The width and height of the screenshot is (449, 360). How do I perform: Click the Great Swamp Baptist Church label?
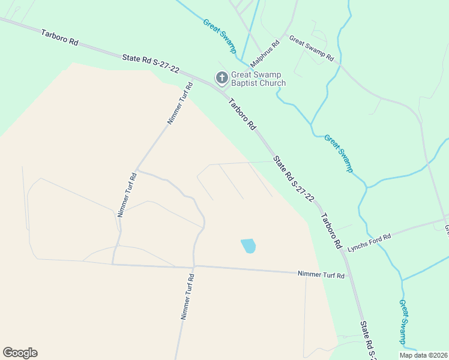tap(258, 79)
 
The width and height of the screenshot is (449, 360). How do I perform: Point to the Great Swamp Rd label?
tap(311, 49)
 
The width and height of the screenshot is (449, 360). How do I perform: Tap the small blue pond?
tap(249, 245)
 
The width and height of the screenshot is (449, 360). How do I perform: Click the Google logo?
tap(20, 353)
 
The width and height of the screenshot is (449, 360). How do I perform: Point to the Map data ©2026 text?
tap(424, 355)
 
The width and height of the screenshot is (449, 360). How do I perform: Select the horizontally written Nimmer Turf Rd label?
tap(322, 275)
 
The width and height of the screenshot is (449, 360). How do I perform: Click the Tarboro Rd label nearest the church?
tap(243, 115)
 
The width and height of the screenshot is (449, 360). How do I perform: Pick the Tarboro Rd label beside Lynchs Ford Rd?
tap(331, 231)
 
